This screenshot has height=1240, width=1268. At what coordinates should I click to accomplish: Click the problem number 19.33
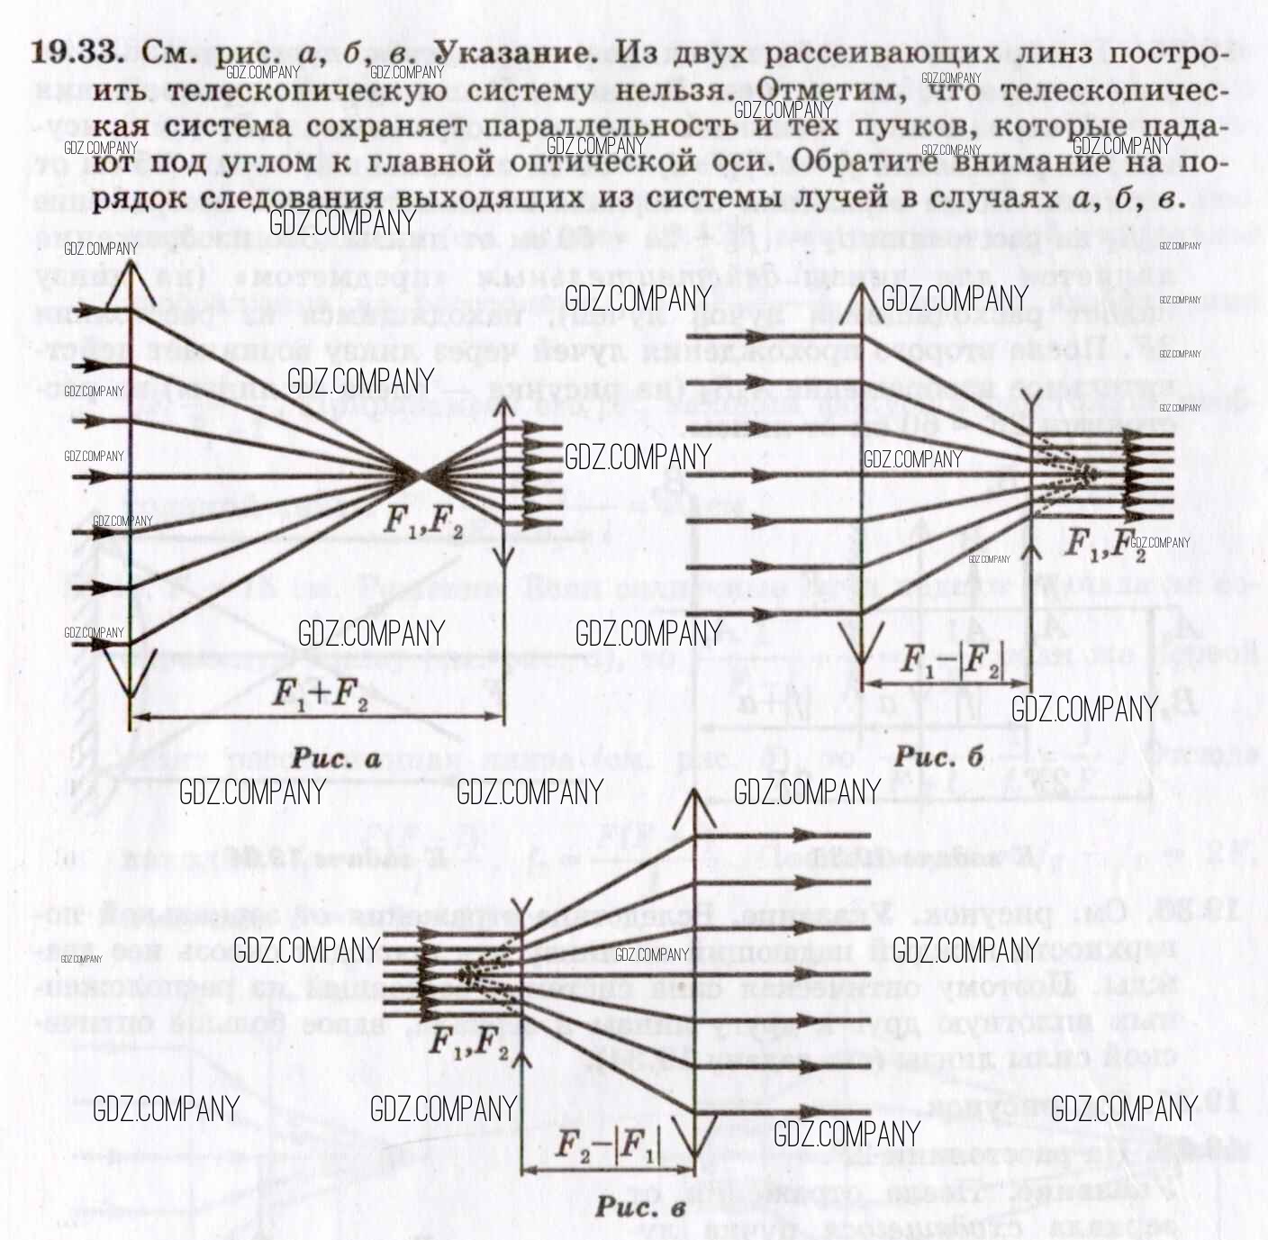pyautogui.click(x=77, y=51)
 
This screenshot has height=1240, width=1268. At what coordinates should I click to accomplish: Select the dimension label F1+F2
pyautogui.click(x=319, y=694)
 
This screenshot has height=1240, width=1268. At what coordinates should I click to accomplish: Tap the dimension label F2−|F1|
pyautogui.click(x=608, y=1145)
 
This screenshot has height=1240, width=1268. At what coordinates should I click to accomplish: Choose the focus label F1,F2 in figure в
pyautogui.click(x=468, y=1043)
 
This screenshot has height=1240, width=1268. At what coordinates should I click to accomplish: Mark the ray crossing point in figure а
pyautogui.click(x=419, y=475)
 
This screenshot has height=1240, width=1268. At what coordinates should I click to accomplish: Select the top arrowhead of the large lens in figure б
pyautogui.click(x=863, y=295)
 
